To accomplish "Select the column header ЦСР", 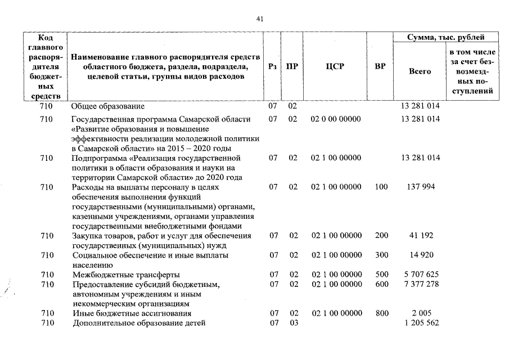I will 335,66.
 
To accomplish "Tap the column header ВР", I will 380,66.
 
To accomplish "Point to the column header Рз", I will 273,66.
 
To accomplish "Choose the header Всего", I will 420,71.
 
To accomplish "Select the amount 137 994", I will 420,187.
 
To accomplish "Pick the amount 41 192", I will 420,236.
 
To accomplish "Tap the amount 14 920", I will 421,255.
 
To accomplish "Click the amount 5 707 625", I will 421,274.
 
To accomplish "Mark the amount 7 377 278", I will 421,284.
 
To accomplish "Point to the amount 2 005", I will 421,313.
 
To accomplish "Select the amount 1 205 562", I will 421,323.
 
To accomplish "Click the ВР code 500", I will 381,274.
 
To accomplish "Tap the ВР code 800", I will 381,313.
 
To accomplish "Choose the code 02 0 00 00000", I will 336,119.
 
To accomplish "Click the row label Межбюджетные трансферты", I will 126,274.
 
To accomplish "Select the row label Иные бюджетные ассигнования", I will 132,313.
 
